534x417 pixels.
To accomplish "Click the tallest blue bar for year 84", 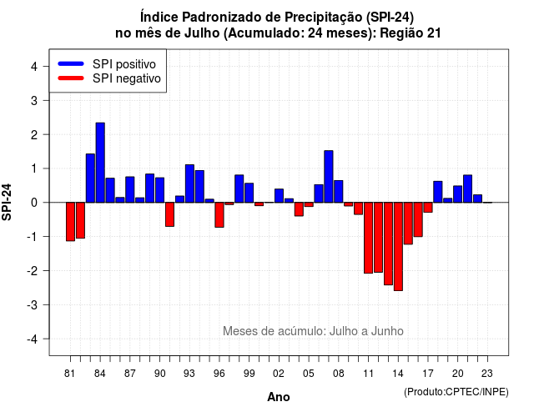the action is click(100, 163).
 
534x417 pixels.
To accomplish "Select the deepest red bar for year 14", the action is click(398, 247).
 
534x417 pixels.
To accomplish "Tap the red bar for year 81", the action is click(70, 222).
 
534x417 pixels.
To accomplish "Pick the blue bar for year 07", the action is click(329, 177).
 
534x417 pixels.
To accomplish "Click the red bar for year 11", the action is click(368, 238).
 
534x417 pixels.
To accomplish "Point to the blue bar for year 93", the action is click(189, 183).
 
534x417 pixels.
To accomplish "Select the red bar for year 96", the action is click(219, 215).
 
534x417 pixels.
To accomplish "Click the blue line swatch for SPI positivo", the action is click(71, 63).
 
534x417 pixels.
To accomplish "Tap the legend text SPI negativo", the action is click(127, 78).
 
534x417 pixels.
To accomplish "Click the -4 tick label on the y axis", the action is click(33, 339).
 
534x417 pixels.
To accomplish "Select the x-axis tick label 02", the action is click(279, 374).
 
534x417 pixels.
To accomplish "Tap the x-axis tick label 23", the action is click(487, 374).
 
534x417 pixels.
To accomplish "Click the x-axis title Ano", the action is click(279, 397).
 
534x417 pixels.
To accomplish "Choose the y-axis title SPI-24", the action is click(7, 202).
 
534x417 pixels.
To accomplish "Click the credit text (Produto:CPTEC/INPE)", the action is click(456, 392).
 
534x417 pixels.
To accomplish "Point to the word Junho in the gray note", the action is click(387, 331).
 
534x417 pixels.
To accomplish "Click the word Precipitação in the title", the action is click(324, 17).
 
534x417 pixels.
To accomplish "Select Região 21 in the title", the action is click(411, 33).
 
